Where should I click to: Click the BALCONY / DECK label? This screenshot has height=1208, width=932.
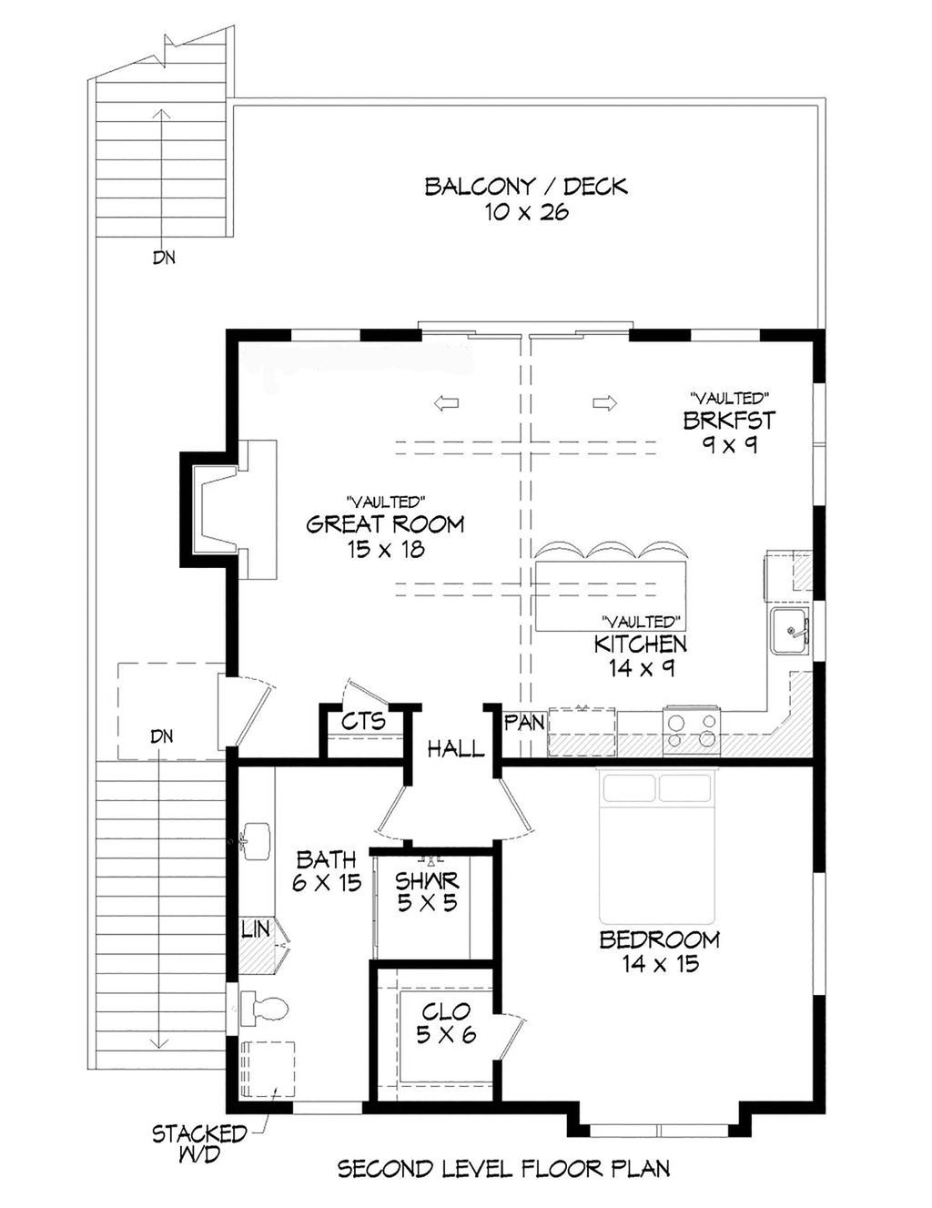525,198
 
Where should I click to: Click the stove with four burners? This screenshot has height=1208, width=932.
691,729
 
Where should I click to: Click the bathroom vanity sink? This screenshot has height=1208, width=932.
255,838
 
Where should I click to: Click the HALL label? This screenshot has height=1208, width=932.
455,749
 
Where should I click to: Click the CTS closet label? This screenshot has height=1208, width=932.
363,721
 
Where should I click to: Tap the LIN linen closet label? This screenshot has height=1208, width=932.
255,929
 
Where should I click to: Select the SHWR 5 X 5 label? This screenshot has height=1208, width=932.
427,891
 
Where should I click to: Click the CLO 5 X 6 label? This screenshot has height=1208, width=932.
446,1022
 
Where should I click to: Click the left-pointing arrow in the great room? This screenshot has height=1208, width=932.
446,403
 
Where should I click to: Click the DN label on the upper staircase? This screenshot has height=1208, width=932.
163,258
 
